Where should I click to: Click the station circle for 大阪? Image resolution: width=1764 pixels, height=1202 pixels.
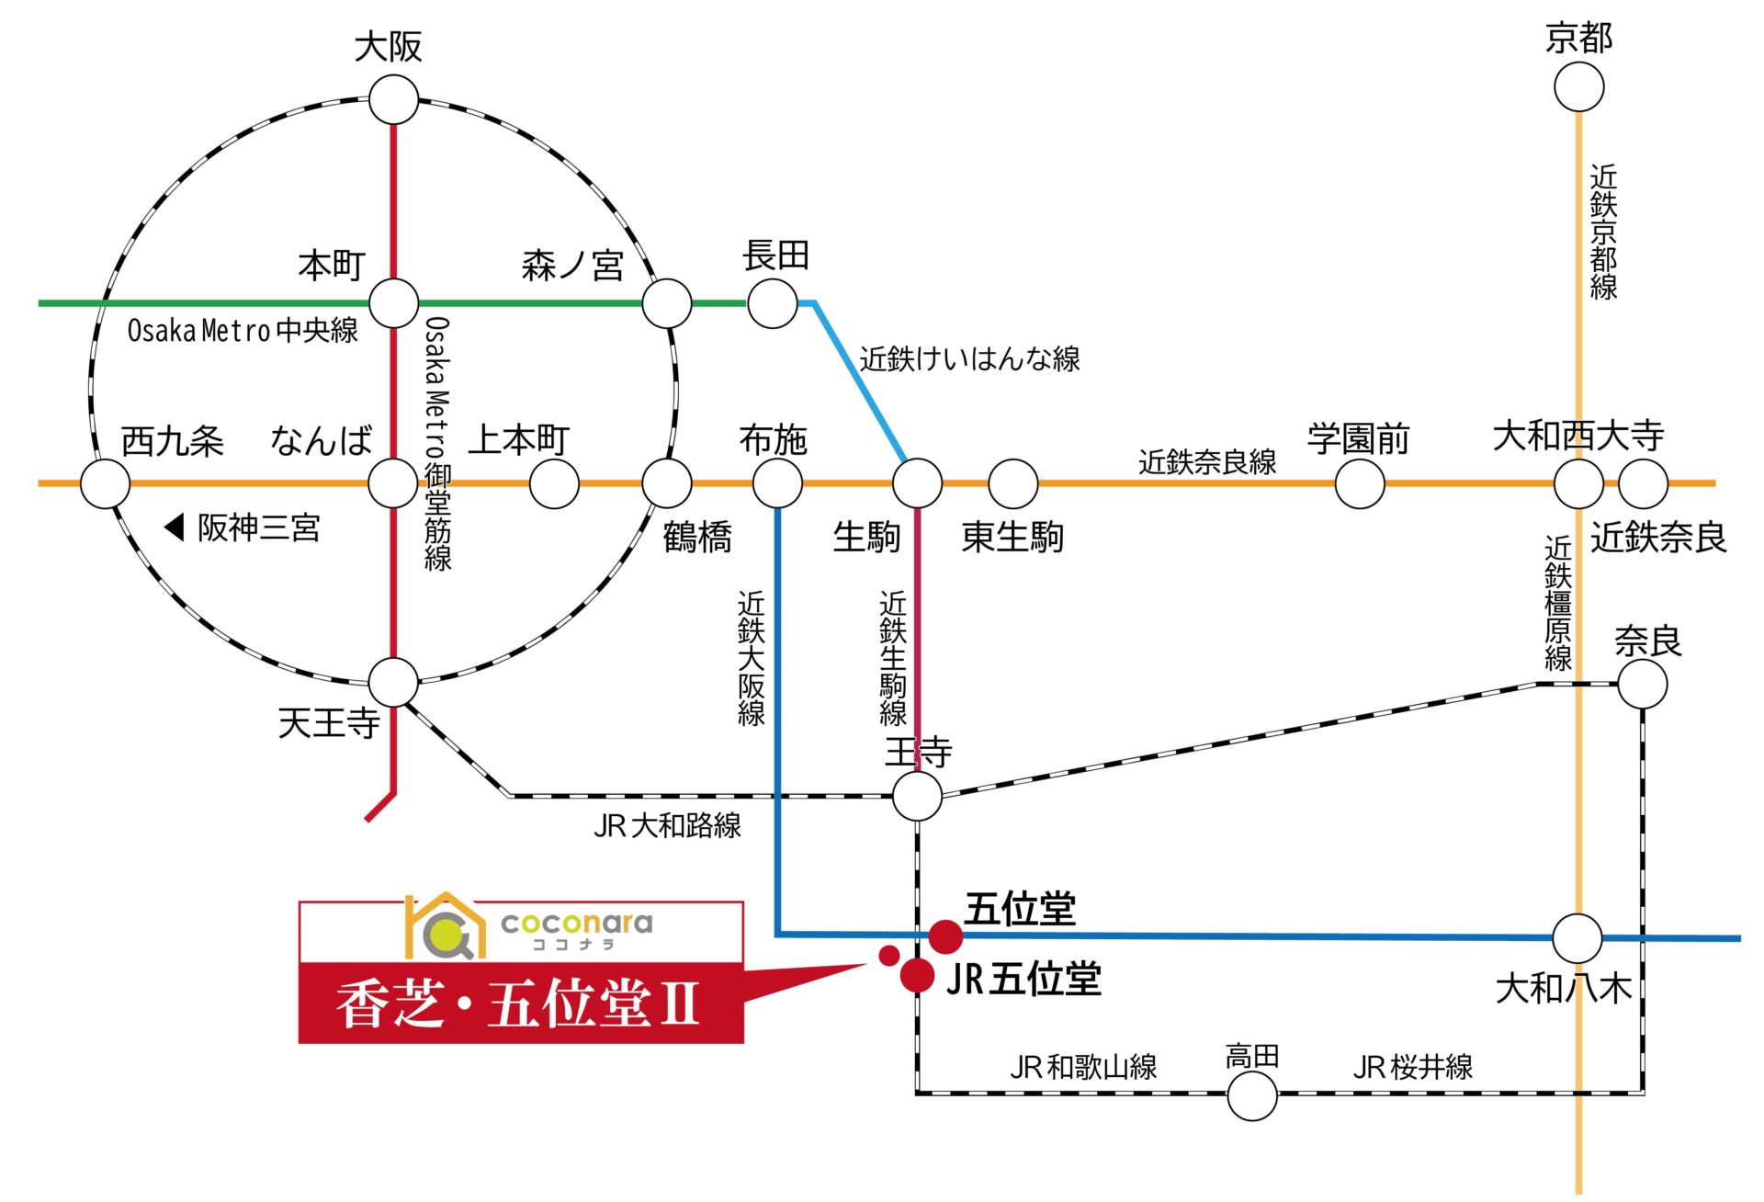[393, 99]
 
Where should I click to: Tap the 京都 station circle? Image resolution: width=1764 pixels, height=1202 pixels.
[1578, 87]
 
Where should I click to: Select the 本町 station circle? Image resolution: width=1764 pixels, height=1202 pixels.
[393, 302]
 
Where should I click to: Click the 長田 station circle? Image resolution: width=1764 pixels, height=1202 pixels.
[772, 303]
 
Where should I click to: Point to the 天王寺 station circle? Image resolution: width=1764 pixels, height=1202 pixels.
[393, 682]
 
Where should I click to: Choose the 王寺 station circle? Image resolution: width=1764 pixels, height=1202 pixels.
[917, 795]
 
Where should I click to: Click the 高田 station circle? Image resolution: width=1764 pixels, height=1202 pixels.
[1251, 1095]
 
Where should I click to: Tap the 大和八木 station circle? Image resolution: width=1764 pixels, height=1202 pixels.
[1577, 938]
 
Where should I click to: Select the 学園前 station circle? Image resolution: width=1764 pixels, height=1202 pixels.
[1359, 483]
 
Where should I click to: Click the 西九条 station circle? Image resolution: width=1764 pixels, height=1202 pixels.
[105, 483]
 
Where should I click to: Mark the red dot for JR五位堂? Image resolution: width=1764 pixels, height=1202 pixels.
[917, 975]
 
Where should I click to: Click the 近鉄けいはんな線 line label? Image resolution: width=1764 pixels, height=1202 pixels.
[969, 358]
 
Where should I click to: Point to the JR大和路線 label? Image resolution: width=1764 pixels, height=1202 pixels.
[667, 825]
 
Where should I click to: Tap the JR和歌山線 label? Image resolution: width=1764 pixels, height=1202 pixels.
[1083, 1067]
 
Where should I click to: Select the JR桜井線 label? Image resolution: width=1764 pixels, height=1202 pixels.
[1413, 1067]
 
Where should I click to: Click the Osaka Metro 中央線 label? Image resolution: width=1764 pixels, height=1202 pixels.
[243, 330]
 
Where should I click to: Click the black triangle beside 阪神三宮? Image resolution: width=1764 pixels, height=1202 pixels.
[174, 527]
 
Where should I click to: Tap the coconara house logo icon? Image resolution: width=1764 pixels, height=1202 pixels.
[445, 926]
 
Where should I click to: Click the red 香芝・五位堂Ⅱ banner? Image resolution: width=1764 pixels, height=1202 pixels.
[521, 1003]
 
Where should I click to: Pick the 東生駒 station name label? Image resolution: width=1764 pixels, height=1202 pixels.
[1012, 537]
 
